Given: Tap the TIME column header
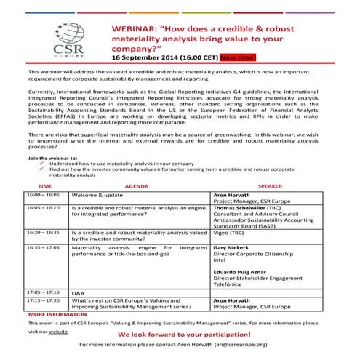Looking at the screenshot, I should pos(44,187).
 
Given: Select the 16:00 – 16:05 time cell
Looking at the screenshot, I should pos(44,196).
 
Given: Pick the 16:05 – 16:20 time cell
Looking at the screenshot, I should pos(44,207).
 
